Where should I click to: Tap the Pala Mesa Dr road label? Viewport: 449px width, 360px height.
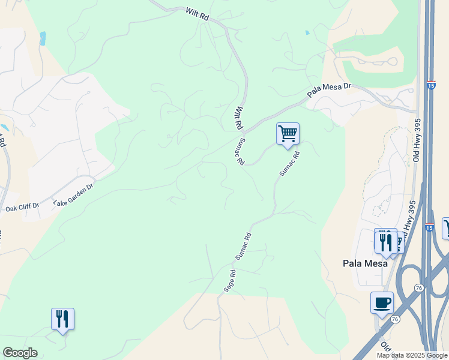[x=329, y=91]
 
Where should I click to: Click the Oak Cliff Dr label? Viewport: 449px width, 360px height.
[x=22, y=208]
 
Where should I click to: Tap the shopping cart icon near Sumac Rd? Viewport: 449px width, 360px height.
[x=288, y=133]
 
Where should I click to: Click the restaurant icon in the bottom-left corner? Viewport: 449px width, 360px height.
[x=62, y=318]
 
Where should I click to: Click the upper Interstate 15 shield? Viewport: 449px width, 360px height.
[x=432, y=86]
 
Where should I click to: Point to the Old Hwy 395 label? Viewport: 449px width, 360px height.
[x=418, y=140]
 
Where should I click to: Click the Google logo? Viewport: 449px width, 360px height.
[x=20, y=353]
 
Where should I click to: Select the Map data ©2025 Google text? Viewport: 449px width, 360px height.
[x=412, y=355]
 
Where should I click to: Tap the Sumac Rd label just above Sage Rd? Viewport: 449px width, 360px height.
[x=243, y=246]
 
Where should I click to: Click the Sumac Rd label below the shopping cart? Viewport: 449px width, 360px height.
[x=289, y=163]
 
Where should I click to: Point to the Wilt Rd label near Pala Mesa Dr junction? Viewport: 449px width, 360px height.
[x=238, y=118]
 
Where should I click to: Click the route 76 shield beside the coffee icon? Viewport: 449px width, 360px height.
[x=394, y=319]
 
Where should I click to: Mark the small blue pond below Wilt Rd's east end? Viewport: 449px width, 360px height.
[x=307, y=32]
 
